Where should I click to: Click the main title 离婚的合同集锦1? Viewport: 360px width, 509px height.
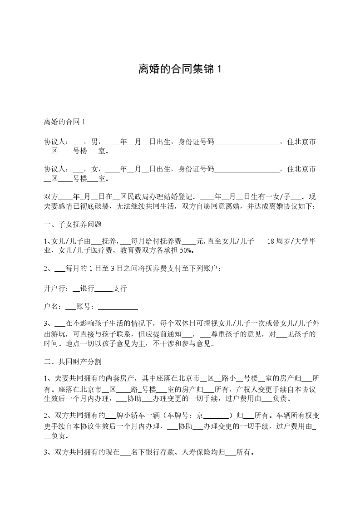click(180, 69)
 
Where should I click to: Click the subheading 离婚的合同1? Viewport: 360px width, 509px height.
click(64, 122)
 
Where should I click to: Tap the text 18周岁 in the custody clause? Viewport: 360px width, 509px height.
click(279, 241)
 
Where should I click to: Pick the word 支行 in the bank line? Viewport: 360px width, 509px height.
click(120, 288)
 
